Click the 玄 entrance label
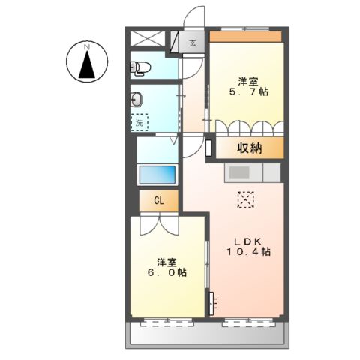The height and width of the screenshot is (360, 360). pos(192,43)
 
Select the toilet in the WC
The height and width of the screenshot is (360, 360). pos(140,68)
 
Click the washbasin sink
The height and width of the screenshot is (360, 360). pos(138,98)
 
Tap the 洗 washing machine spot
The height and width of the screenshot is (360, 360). pos(139,121)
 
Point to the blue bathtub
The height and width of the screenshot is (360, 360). pos(157,174)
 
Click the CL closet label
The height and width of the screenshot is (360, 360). pos(159,201)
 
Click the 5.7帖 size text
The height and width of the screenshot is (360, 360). pos(249,91)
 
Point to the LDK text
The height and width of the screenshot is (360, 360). pos(247,240)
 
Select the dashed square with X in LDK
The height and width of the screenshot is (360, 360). pos(246,199)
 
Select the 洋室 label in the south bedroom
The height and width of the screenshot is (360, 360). pos(166,262)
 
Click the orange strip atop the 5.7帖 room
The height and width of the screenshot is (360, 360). pos(245,36)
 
